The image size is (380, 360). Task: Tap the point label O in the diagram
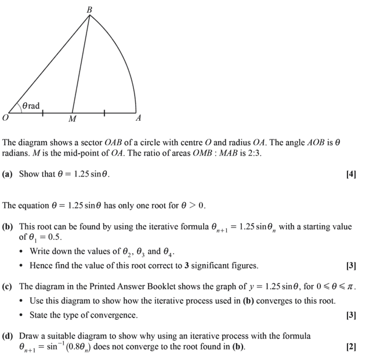tap(5, 118)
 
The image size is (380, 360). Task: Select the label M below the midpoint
tap(72, 120)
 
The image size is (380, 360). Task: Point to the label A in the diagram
tap(138, 118)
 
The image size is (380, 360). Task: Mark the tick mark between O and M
tap(43, 112)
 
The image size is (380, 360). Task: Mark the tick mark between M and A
tap(104, 112)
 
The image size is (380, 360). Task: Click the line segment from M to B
tap(81, 64)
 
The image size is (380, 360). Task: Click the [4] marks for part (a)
tap(350, 174)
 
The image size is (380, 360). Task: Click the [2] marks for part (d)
tap(350, 347)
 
